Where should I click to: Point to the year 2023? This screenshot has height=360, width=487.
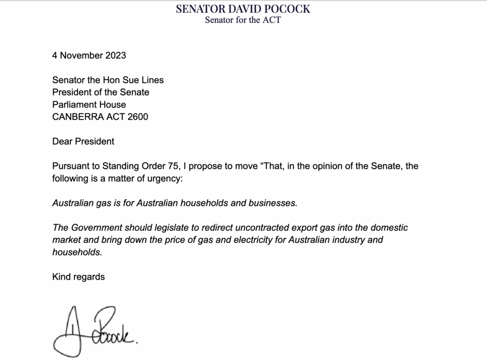[x=116, y=55]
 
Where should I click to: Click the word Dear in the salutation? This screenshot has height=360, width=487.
[x=62, y=141]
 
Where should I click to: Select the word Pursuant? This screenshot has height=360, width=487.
[x=71, y=166]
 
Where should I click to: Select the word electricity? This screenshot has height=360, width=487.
[x=247, y=240]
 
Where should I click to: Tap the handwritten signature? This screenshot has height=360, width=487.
[x=95, y=328]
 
